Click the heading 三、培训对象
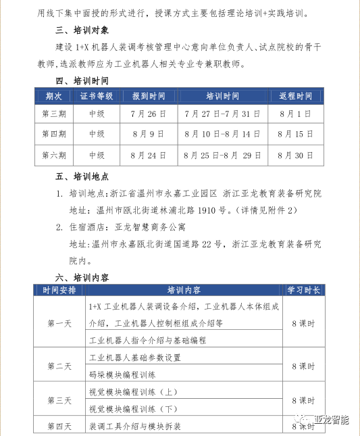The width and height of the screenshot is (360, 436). point(83,30)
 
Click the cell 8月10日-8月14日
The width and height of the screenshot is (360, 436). point(222,135)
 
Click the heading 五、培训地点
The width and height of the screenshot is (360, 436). point(83,178)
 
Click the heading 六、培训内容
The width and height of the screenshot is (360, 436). point(83,277)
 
